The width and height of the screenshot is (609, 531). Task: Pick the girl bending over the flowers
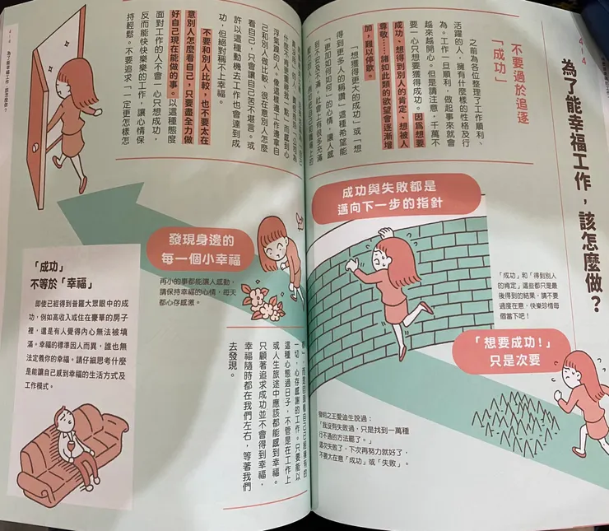tap(275, 251)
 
